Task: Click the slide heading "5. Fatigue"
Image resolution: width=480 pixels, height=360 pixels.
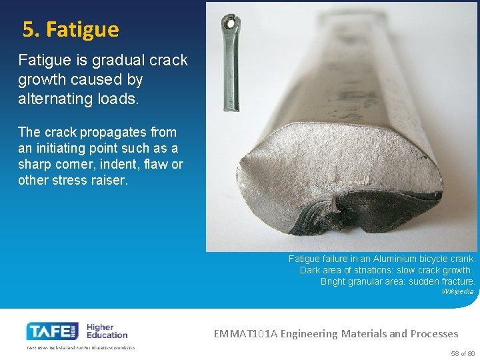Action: pyautogui.click(x=71, y=30)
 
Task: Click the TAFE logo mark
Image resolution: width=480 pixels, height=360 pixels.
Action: pyautogui.click(x=52, y=331)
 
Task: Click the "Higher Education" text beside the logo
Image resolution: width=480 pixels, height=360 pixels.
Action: pyautogui.click(x=107, y=331)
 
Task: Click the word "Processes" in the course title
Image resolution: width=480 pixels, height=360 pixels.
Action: pyautogui.click(x=434, y=333)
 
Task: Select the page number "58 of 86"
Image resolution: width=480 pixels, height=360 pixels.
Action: pyautogui.click(x=463, y=353)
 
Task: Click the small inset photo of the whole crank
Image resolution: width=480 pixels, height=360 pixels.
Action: pyautogui.click(x=231, y=60)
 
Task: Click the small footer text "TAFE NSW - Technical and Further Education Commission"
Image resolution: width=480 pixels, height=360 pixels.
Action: pyautogui.click(x=80, y=348)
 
